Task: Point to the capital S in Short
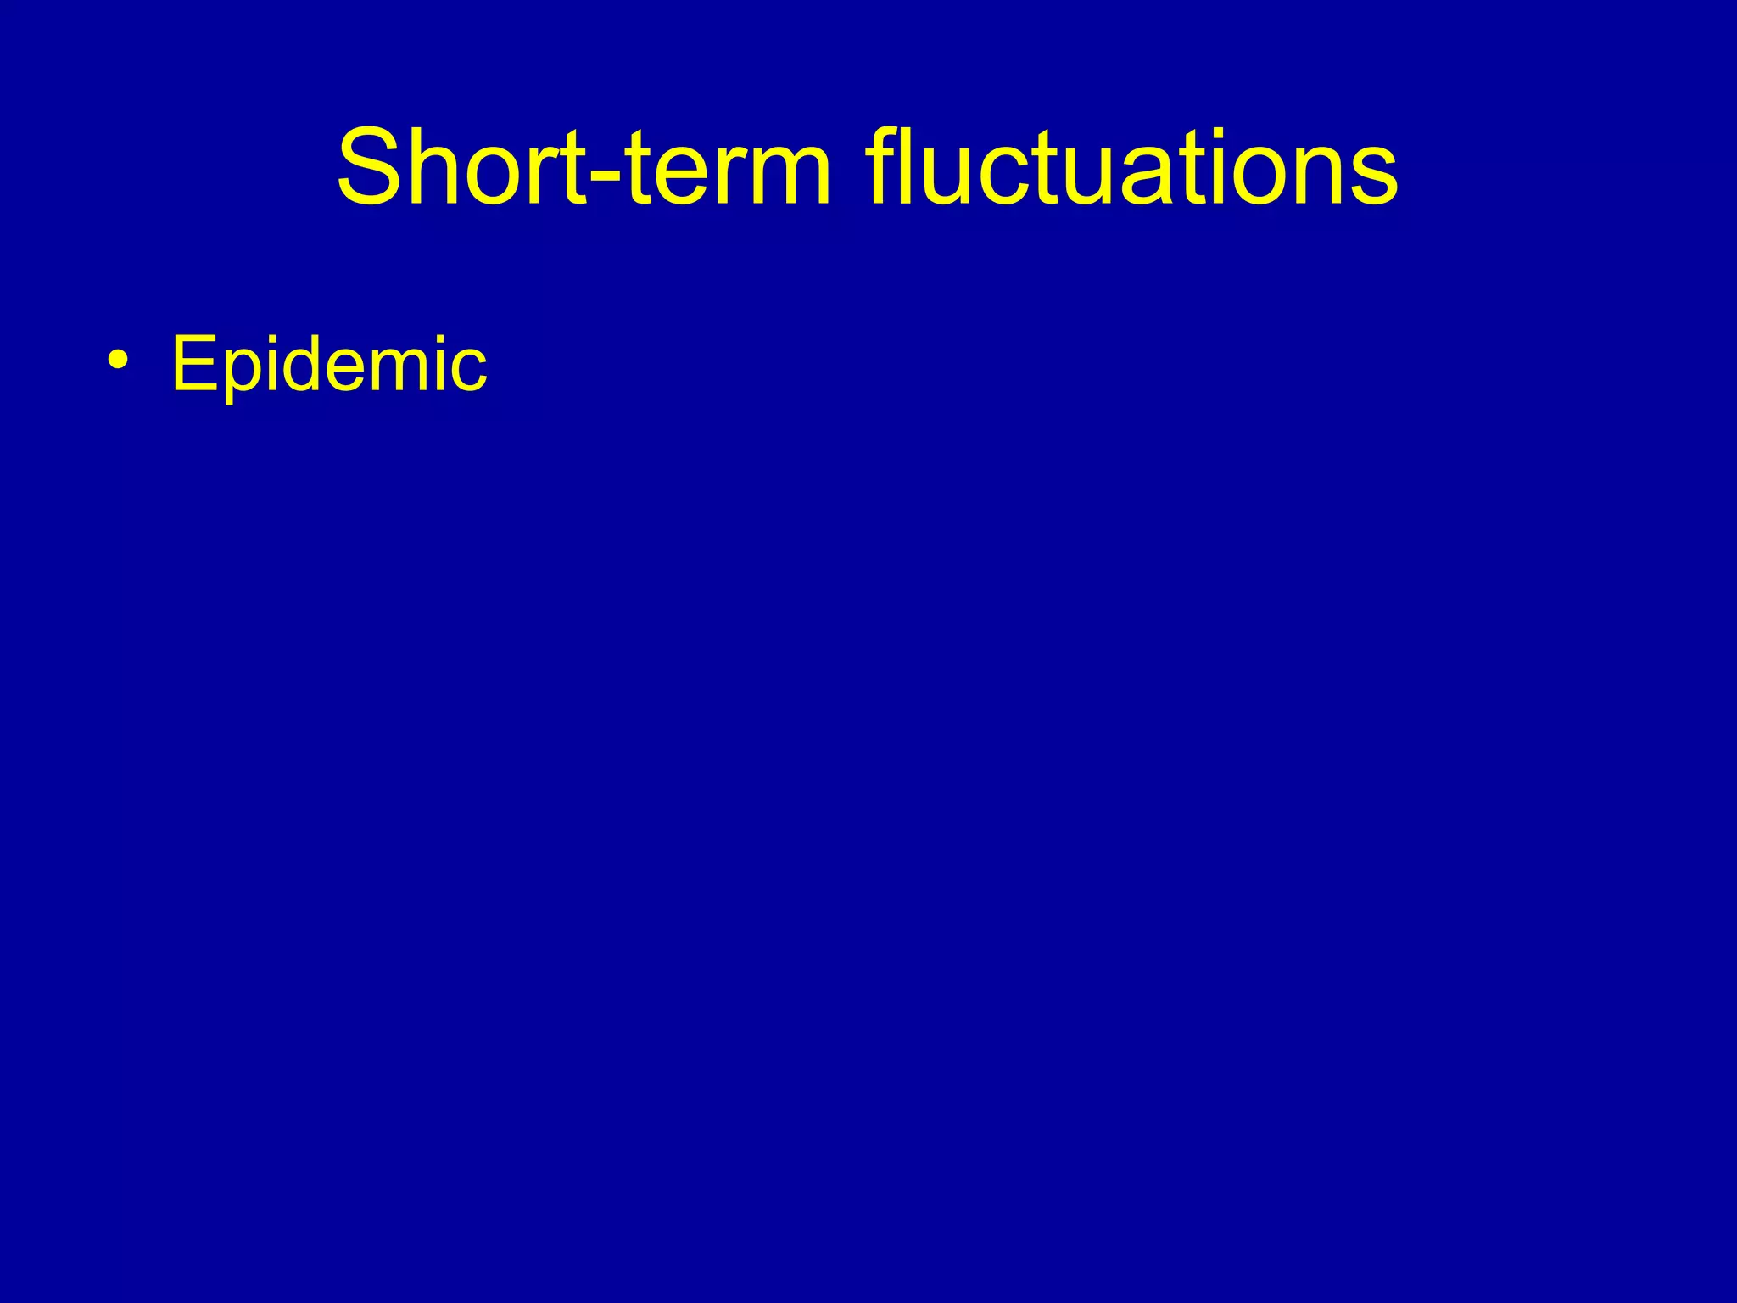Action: coord(371,167)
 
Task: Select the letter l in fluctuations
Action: coord(911,167)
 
